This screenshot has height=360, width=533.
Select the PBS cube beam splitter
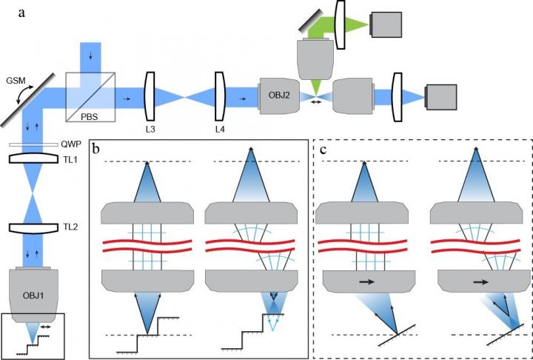(x=92, y=96)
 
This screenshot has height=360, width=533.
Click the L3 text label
(x=152, y=128)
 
